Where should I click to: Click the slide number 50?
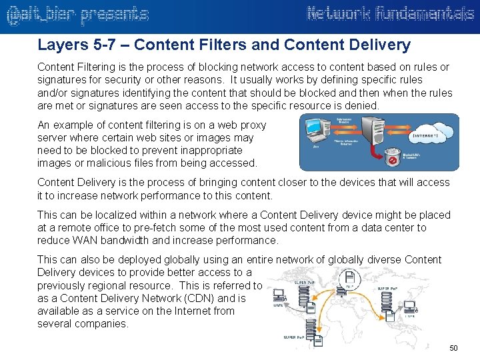pyautogui.click(x=453, y=349)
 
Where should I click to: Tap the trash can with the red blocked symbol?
pyautogui.click(x=394, y=159)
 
